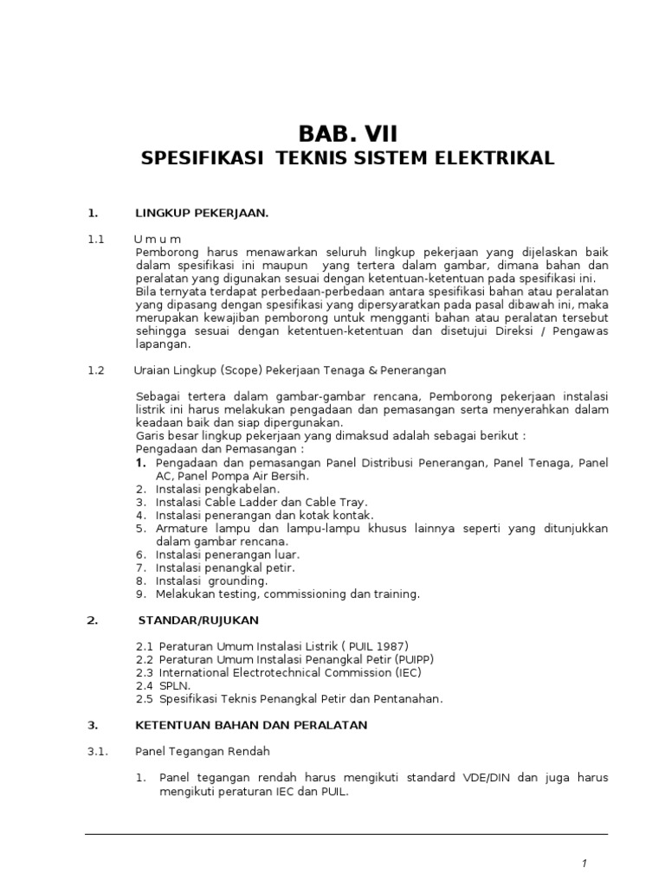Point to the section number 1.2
pos(95,370)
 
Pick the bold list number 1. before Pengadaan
pos(140,464)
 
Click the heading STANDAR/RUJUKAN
pos(198,620)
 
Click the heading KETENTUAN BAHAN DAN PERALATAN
pos(251,724)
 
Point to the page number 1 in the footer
pos(584,864)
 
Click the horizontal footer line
pos(346,834)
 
